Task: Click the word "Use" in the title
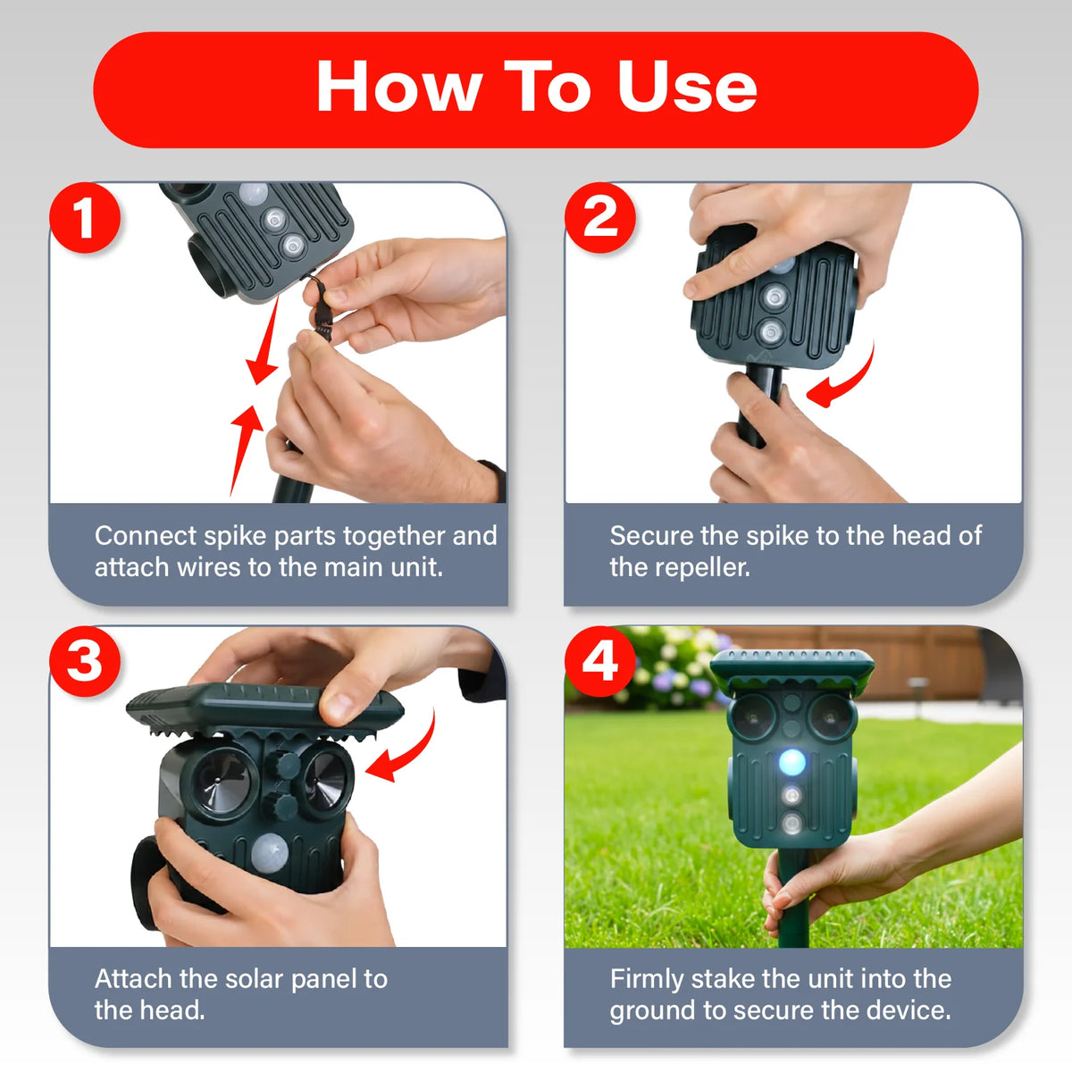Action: point(688,87)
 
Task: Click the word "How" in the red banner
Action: point(399,87)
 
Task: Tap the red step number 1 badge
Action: point(85,217)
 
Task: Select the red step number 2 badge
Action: point(600,217)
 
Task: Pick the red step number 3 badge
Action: point(85,661)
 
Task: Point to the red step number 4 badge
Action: point(600,661)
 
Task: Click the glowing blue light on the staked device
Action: point(792,762)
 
